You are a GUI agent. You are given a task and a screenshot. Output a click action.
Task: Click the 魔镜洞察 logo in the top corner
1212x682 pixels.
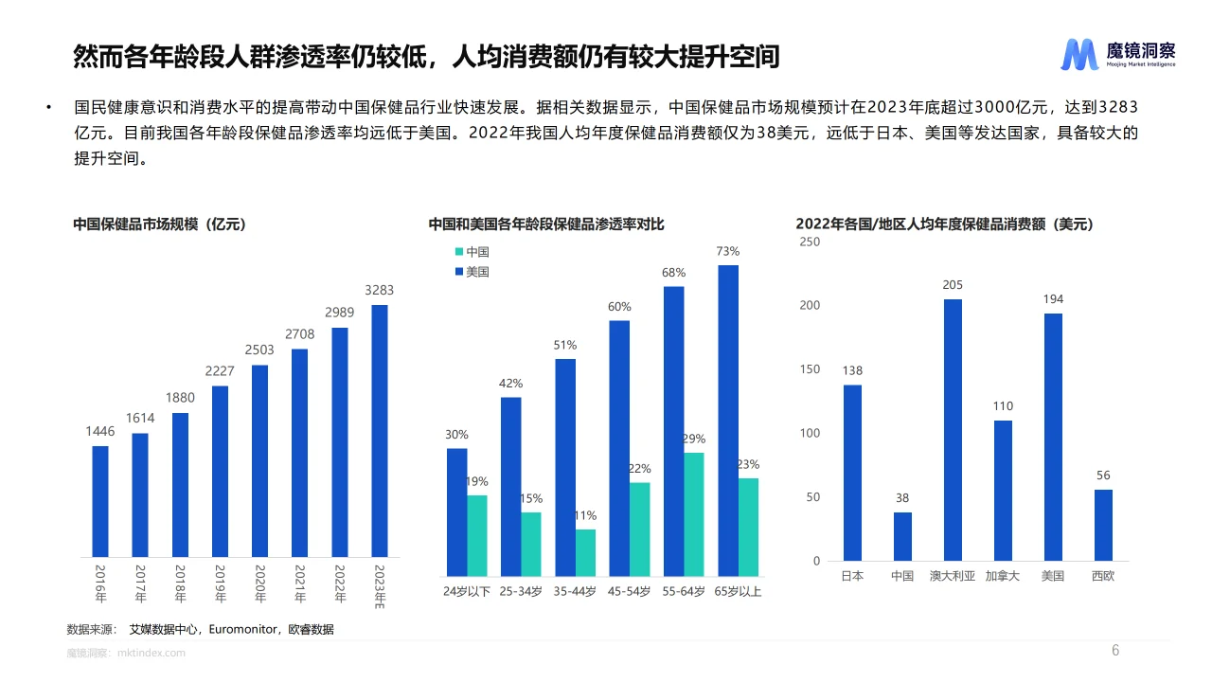coord(1117,55)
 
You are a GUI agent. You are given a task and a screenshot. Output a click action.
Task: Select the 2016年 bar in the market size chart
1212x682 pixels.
coord(100,501)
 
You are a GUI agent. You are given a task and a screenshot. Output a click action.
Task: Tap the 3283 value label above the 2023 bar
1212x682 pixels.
coord(379,291)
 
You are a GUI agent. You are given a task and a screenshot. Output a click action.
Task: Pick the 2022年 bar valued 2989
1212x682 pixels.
coord(339,441)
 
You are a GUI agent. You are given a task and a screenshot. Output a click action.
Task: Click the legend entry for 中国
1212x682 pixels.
coord(472,252)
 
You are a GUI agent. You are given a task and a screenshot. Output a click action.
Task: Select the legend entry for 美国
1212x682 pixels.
coord(472,272)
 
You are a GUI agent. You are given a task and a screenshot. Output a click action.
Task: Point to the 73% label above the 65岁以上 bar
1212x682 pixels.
coord(727,252)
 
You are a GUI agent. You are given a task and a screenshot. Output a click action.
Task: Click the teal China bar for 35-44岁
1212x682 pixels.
coord(586,552)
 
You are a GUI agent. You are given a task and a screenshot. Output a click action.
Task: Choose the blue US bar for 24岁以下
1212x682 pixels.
coord(456,511)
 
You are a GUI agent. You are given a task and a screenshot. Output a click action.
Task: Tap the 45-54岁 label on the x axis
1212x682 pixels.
coord(629,592)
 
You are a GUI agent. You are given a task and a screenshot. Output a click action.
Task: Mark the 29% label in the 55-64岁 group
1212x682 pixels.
coord(693,439)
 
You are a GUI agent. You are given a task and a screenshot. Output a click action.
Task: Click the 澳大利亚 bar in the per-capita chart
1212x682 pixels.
coord(953,430)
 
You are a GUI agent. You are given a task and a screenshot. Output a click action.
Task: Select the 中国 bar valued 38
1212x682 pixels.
coord(902,536)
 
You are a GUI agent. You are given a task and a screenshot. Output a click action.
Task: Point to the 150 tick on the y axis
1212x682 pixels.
coord(810,369)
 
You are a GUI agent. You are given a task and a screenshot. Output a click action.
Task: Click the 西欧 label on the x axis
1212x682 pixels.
coord(1103,576)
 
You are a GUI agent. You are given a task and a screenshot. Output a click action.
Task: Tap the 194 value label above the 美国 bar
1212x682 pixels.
coord(1053,299)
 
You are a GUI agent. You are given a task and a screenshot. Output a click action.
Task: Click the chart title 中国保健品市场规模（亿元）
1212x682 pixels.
coord(160,224)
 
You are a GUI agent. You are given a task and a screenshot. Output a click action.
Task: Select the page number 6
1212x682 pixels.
coord(1114,651)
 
